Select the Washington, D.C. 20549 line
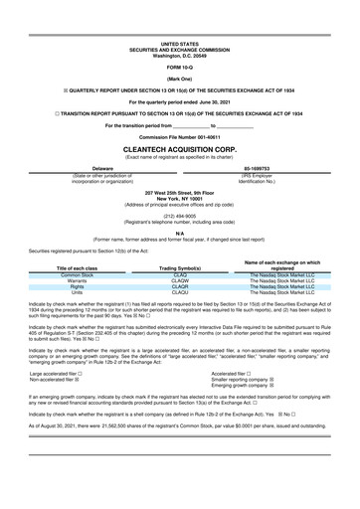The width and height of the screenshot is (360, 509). pos(179,55)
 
